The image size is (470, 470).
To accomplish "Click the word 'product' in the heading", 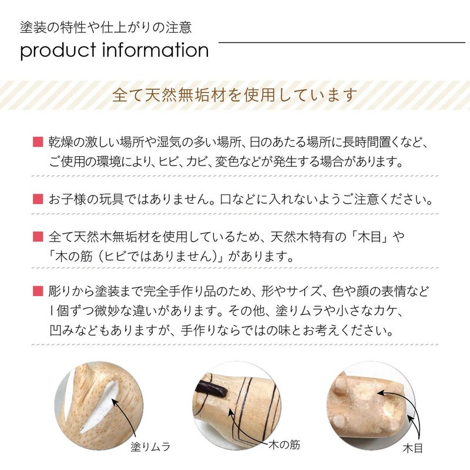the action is click(58, 51).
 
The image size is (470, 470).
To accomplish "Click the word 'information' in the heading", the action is click(156, 49).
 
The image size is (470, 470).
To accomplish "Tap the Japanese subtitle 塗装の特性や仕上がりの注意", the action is click(106, 27).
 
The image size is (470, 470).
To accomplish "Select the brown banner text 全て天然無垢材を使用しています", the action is click(234, 95).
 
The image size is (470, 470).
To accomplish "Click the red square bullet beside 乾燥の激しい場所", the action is click(38, 142).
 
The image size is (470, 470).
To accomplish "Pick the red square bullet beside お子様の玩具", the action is click(38, 199).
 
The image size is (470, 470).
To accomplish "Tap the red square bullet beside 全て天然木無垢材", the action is click(38, 237).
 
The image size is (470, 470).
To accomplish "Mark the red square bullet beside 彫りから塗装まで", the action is click(38, 291).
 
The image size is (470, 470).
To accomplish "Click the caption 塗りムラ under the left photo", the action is click(150, 447).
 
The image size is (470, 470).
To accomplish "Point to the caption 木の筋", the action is click(284, 445).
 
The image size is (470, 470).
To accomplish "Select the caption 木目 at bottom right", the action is click(413, 448).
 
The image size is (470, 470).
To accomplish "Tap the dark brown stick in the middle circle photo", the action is click(211, 389).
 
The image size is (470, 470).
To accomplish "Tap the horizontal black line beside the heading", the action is click(342, 42).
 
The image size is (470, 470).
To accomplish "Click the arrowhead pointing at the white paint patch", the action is click(115, 401).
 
